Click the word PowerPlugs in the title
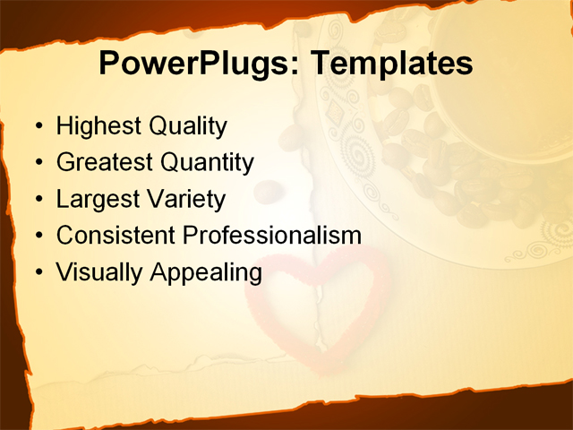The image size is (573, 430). click(190, 64)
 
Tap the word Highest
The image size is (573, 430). click(98, 126)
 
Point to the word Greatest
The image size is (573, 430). click(104, 162)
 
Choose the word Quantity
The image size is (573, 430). click(207, 162)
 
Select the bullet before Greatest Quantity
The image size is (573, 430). click(37, 163)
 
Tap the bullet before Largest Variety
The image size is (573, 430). click(37, 199)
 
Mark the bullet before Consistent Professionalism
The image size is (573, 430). click(37, 236)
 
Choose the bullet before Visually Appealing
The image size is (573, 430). click(37, 272)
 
